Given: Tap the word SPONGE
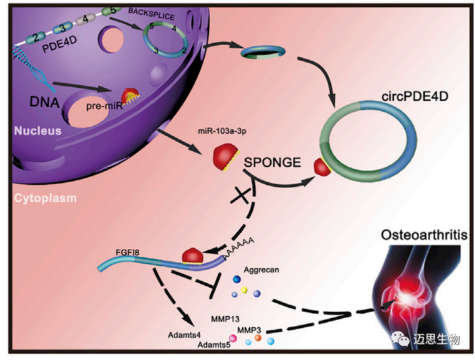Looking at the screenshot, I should click(273, 162).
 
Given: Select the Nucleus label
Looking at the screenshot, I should click(38, 131).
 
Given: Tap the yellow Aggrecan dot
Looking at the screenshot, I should click(244, 288).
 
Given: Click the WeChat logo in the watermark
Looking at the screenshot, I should click(400, 338).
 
